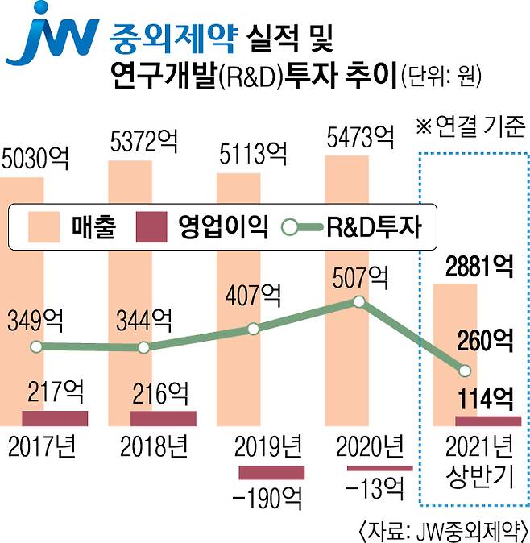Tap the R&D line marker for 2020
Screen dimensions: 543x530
(x=360, y=302)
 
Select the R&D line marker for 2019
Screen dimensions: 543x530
(x=253, y=329)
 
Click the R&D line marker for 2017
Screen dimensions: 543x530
(x=35, y=347)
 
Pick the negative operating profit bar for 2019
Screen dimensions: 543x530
(x=271, y=473)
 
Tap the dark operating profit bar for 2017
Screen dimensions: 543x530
(x=55, y=417)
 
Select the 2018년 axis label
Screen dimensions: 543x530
(x=154, y=444)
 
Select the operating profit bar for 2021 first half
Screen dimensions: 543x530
(x=487, y=421)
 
